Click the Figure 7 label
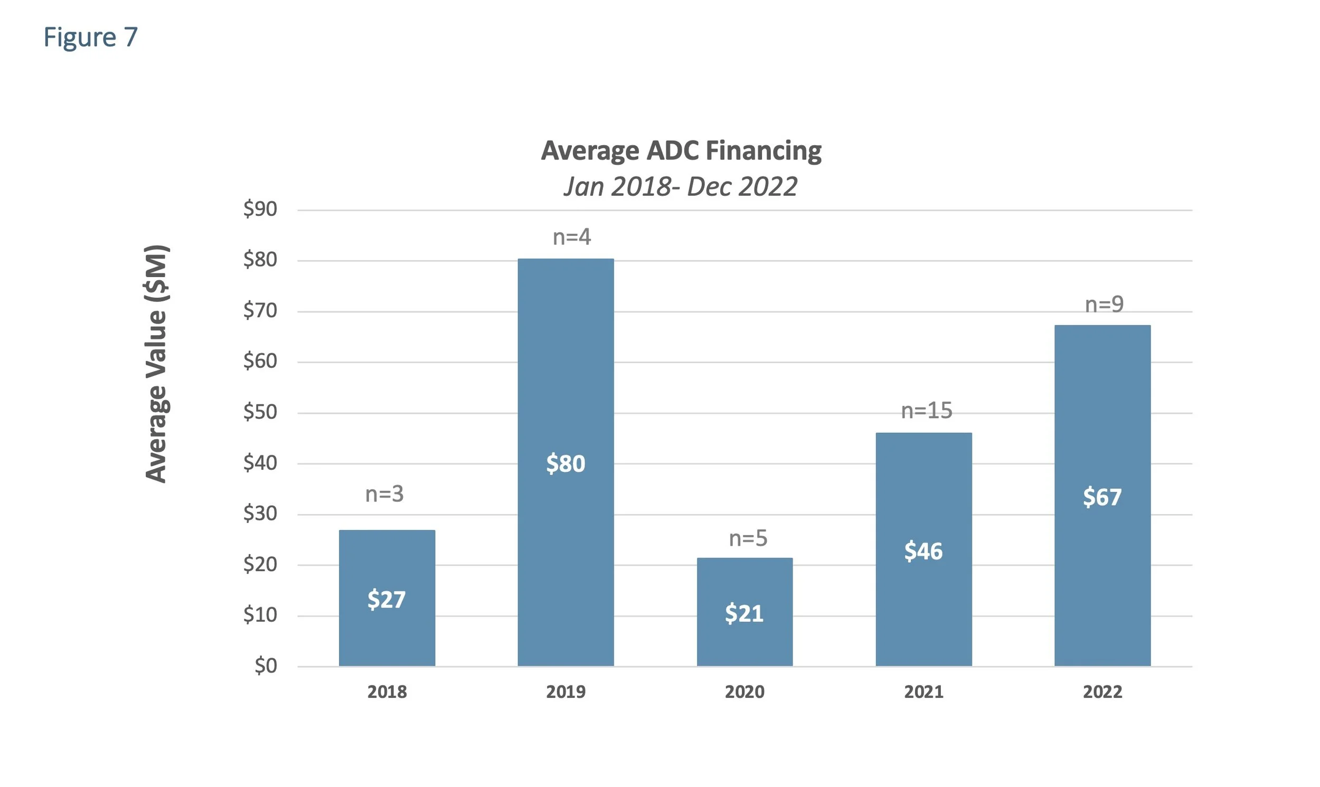90,37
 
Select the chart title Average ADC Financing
681,150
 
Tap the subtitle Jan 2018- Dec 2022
681,187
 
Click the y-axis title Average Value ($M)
157,364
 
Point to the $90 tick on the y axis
260,210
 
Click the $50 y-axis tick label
260,412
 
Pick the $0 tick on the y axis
265,666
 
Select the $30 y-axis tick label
260,514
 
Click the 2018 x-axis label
386,692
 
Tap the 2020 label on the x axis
744,692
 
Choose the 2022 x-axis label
1102,692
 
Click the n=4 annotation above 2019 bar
572,237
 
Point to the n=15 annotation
927,411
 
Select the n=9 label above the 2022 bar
1104,305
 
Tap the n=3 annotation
384,494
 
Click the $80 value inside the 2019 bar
566,464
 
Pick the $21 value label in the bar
744,614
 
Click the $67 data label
1102,497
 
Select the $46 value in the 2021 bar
923,552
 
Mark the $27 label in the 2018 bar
386,600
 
